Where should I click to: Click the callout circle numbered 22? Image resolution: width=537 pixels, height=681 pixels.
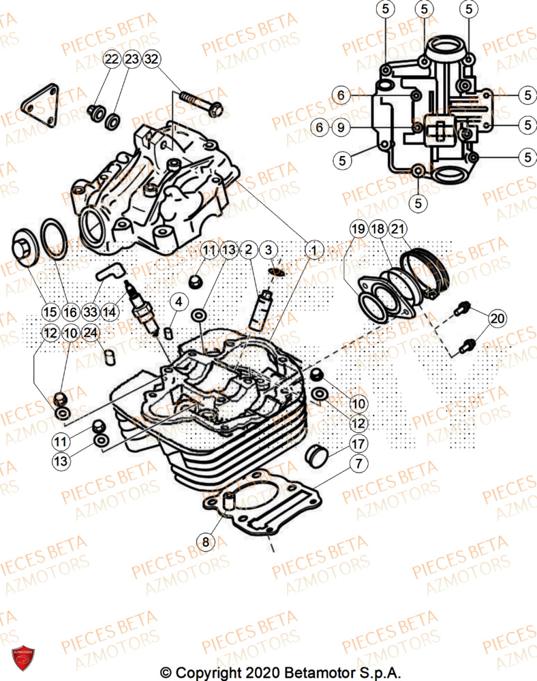click(x=111, y=59)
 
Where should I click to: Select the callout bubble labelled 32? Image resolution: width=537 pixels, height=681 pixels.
click(x=151, y=59)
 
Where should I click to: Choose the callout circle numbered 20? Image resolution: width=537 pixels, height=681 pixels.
click(x=498, y=318)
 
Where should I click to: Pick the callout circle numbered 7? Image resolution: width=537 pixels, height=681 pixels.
click(x=356, y=465)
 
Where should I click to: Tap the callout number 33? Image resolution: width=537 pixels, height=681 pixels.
click(x=90, y=313)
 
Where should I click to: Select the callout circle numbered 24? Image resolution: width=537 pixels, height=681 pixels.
click(x=90, y=333)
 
